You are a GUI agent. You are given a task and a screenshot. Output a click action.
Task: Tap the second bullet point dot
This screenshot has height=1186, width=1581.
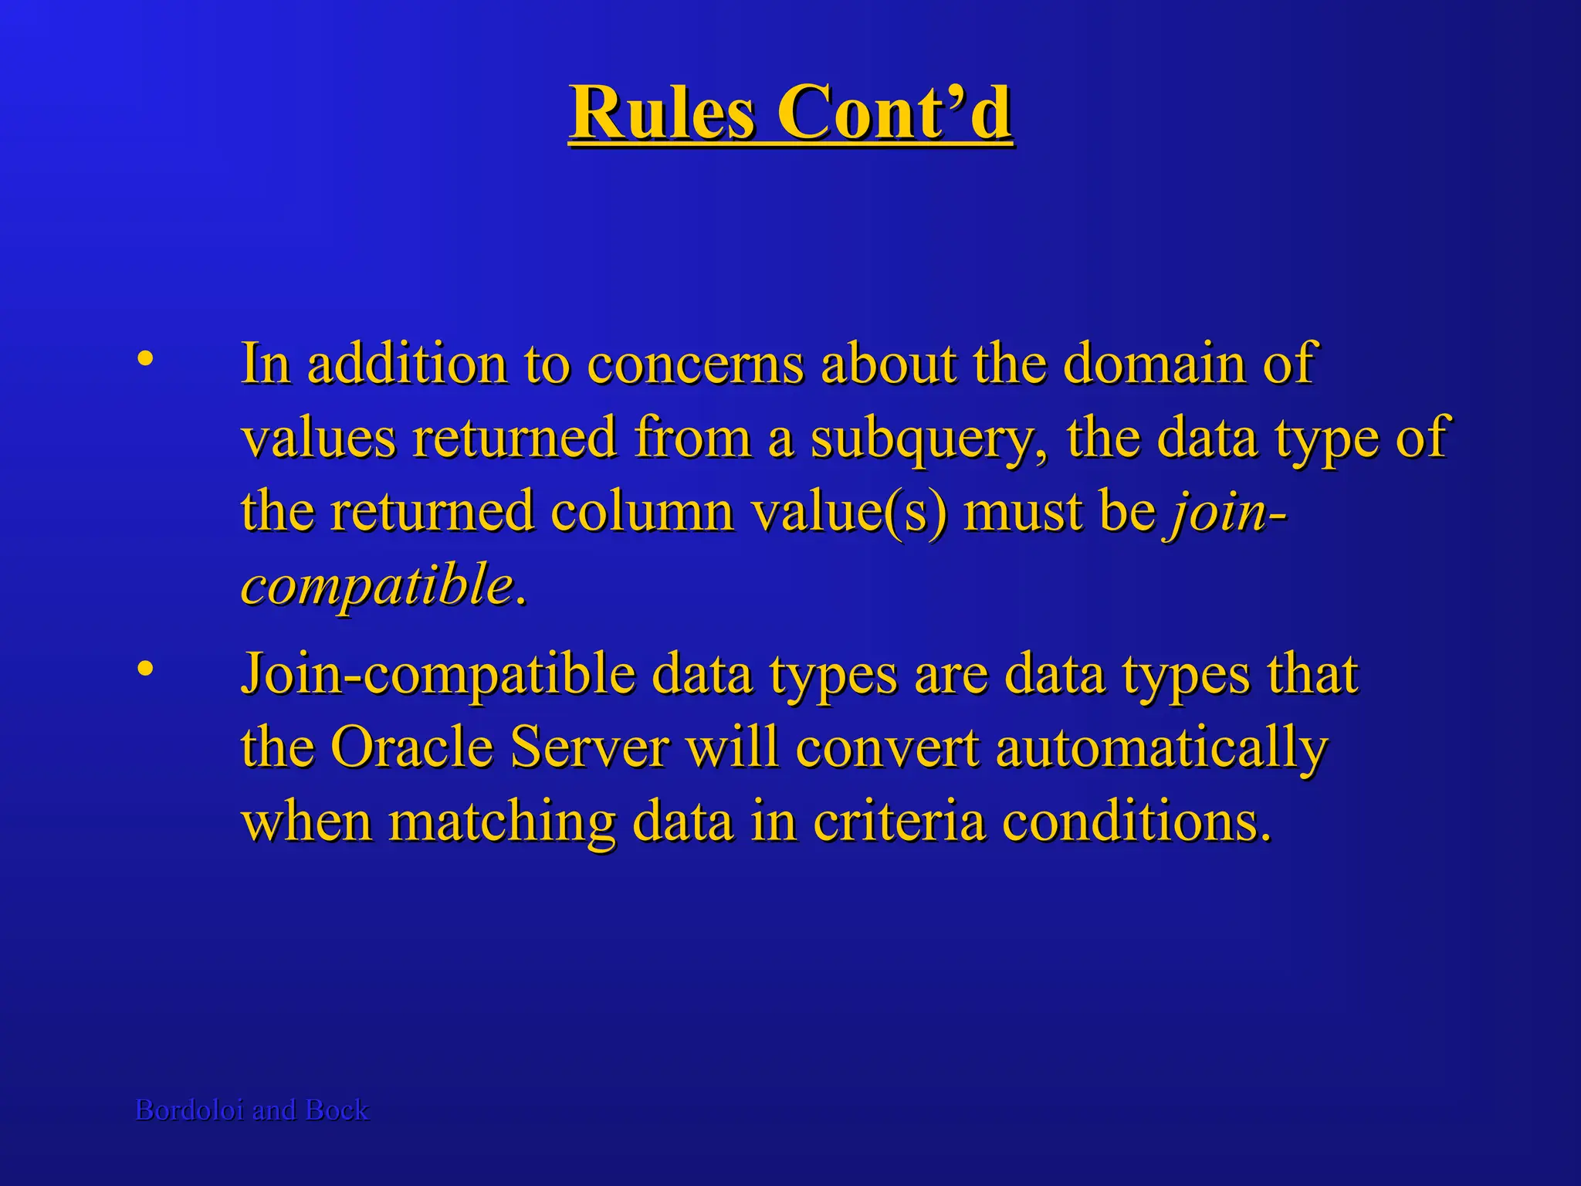pos(144,668)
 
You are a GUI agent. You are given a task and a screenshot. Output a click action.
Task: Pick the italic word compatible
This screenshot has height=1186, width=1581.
pos(377,585)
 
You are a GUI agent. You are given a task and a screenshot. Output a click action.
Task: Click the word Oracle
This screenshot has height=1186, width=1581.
pos(411,747)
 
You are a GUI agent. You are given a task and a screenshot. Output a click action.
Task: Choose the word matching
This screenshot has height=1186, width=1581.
pos(501,822)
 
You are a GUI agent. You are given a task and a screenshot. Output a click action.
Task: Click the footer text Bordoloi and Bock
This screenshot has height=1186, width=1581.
pos(252,1110)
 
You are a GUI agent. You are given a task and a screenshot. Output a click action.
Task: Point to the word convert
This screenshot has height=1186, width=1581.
pos(887,747)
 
